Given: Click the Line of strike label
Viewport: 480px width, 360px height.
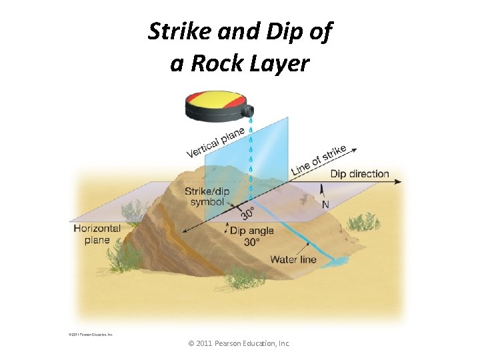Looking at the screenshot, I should pos(319,161).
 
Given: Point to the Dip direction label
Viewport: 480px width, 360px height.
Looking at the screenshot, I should pos(359,174).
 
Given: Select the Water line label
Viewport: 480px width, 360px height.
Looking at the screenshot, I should pos(293,259).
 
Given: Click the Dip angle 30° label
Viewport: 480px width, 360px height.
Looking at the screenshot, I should pos(253,237).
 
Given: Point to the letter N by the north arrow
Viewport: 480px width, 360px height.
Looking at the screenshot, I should pos(325,205).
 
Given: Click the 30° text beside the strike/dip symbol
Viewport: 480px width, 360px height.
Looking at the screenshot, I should pos(247,213).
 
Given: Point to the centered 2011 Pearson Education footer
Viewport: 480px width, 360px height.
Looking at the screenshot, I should pos(239,343).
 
